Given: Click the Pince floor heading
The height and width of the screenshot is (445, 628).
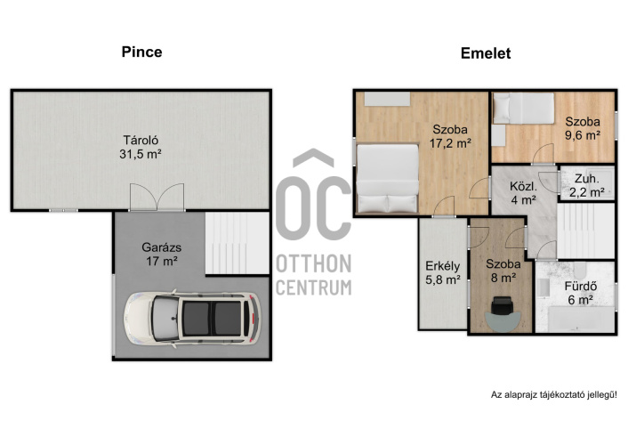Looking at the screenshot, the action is click(141, 53).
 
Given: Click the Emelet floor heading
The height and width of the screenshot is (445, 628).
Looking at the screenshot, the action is click(486, 53).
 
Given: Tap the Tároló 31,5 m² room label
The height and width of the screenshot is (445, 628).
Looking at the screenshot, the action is click(141, 147).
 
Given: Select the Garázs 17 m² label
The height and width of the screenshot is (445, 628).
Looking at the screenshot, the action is click(161, 255).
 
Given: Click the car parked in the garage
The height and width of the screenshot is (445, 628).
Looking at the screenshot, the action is click(192, 319).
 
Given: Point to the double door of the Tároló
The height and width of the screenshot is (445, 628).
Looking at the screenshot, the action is click(157, 197).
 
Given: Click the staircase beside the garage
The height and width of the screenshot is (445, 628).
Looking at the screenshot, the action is click(238, 243).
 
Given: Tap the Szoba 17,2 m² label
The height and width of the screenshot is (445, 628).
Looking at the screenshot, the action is click(450, 136).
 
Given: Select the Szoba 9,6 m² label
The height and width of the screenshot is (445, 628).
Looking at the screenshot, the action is click(583, 128).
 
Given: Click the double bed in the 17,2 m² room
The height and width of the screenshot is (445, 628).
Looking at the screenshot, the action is click(387, 178).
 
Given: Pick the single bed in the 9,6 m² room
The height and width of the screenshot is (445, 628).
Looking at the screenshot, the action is click(523, 109).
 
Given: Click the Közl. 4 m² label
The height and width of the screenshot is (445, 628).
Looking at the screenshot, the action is click(523, 193).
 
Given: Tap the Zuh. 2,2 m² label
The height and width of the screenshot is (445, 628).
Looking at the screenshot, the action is click(587, 186).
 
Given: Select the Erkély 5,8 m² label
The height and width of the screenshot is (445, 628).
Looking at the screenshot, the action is click(443, 272).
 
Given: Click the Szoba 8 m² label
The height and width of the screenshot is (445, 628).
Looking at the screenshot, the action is click(503, 271).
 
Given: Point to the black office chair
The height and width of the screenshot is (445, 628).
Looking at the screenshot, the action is click(503, 306).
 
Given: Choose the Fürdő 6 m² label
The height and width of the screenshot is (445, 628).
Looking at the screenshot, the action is click(581, 293).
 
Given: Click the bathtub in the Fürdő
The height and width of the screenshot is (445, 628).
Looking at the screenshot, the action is click(581, 320).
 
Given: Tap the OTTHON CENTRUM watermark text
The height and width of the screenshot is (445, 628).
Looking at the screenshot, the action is click(314, 275).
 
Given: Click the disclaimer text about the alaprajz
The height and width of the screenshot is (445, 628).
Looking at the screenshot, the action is click(554, 395).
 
